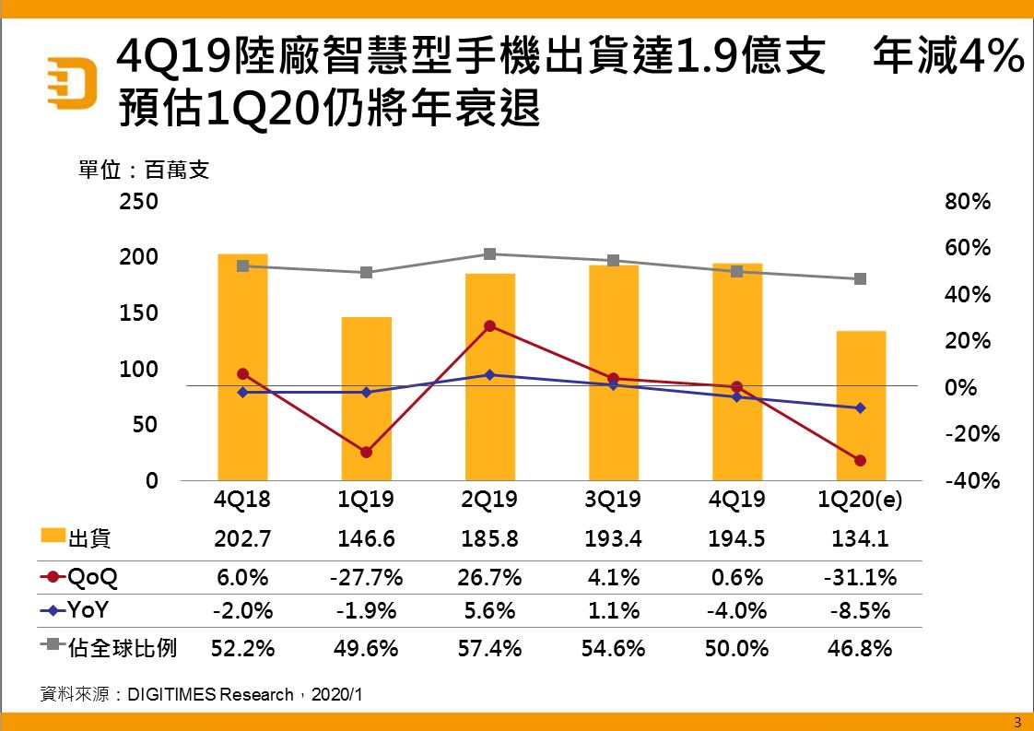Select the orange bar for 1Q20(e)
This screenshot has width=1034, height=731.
(861, 405)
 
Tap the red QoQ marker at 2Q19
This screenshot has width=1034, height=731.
(489, 326)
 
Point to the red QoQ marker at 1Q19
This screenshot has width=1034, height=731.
(366, 452)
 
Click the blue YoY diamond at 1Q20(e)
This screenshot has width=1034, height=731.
(861, 407)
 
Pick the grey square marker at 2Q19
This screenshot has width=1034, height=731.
(489, 254)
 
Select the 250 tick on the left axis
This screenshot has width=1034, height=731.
(138, 201)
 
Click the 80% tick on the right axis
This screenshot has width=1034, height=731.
(968, 201)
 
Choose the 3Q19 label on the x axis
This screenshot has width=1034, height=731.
(613, 501)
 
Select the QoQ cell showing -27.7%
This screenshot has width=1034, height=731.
(366, 578)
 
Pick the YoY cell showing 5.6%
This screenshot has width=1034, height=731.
(489, 611)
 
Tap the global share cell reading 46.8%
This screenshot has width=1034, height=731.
(860, 648)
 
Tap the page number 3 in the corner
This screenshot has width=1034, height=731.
(1017, 721)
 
